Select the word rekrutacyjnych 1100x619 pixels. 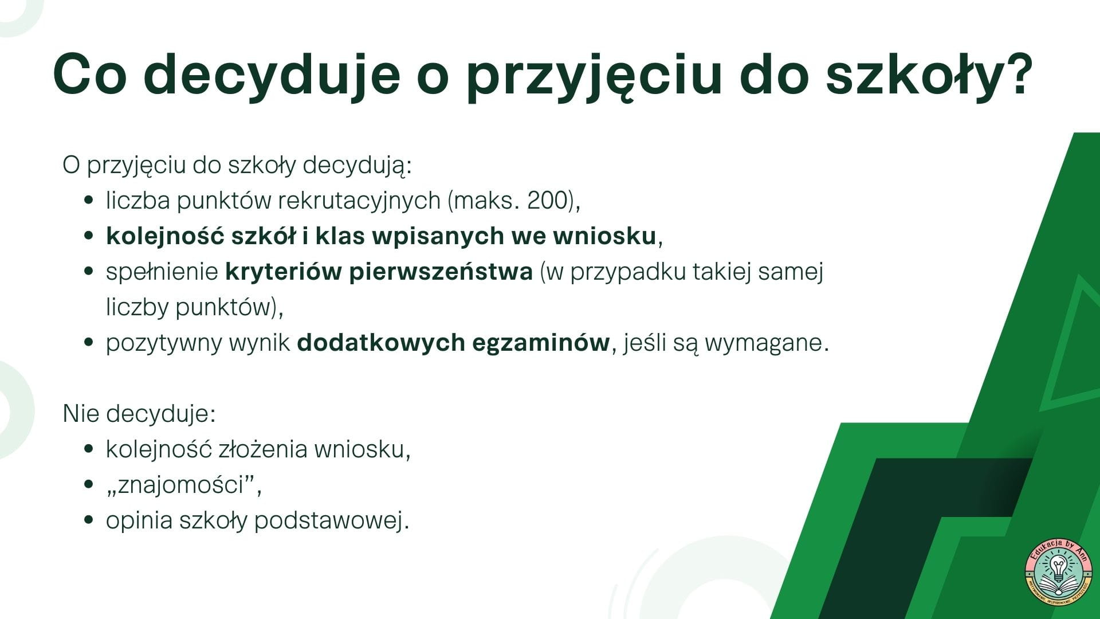359,202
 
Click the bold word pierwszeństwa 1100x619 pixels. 441,272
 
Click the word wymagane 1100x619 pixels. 767,343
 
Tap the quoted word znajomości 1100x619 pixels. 183,485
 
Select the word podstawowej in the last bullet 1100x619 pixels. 331,521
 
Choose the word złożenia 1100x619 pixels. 264,449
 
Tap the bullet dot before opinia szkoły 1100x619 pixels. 88,520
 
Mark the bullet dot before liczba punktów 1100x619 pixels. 88,201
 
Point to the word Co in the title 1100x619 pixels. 89,75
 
